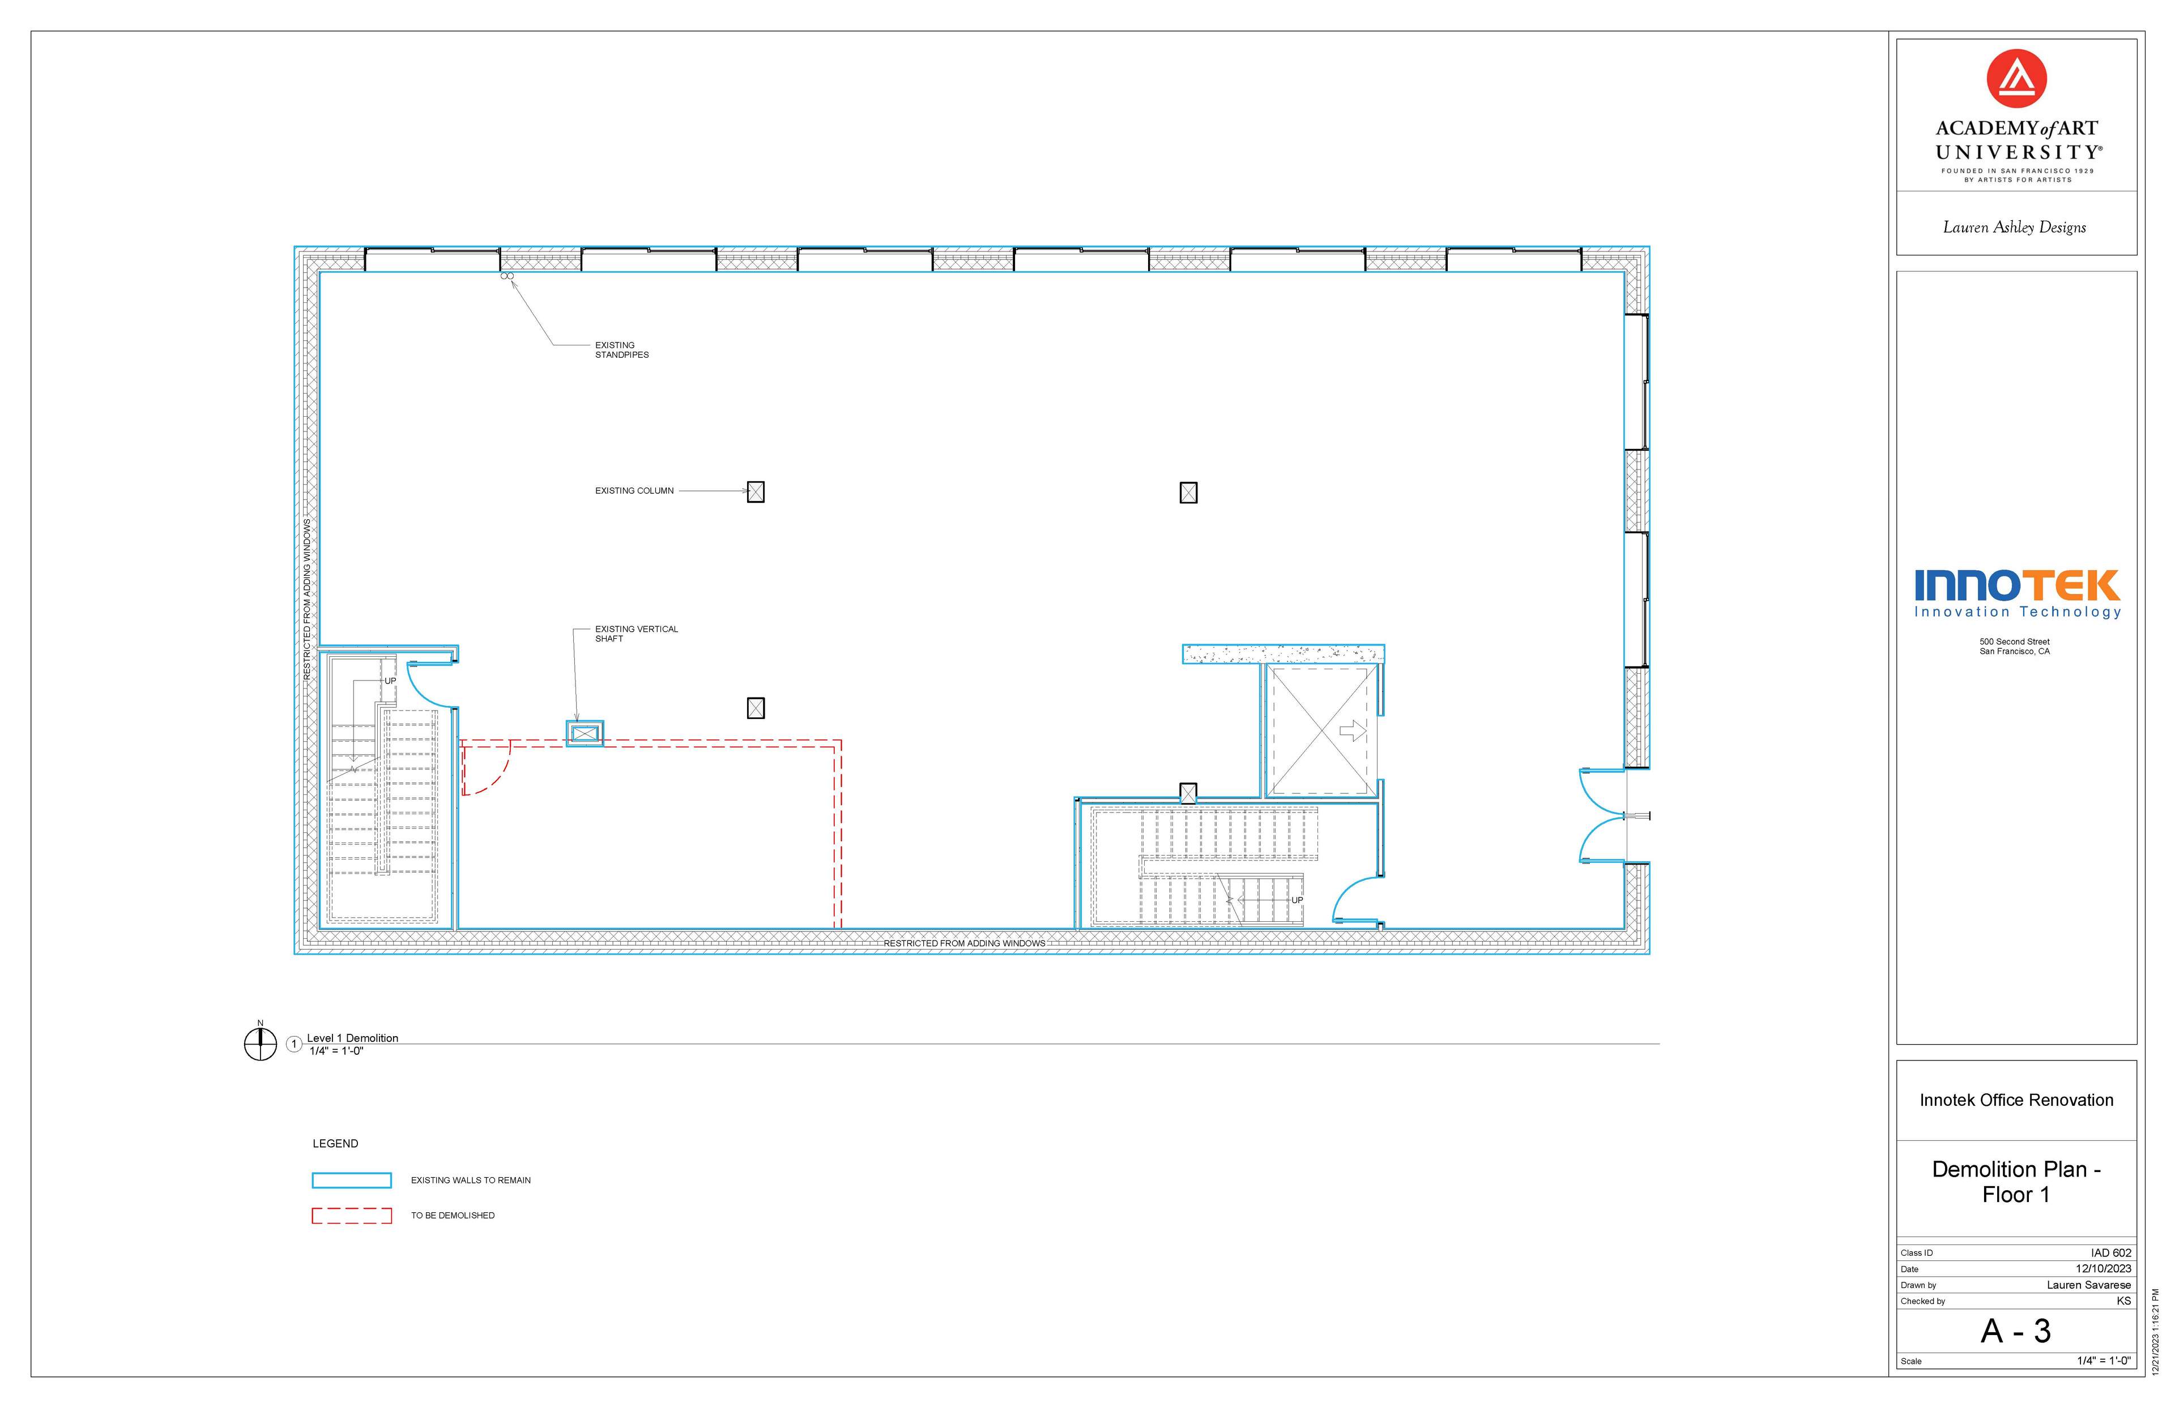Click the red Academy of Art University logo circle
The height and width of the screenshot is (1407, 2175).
point(2016,79)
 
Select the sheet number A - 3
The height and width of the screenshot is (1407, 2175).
point(2016,1331)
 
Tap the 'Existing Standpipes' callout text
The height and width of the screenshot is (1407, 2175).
point(621,350)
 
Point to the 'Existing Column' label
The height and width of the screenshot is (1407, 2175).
point(634,491)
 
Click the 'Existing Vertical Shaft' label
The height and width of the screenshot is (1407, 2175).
point(636,633)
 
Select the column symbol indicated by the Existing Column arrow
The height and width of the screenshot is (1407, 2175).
point(756,491)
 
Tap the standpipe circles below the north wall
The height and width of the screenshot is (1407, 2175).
point(507,276)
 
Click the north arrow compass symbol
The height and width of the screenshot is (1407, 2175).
point(261,1042)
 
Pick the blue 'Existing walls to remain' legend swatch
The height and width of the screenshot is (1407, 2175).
point(352,1181)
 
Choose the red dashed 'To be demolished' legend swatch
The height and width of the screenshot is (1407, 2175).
point(352,1215)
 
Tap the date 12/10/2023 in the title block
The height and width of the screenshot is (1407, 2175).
point(2103,1269)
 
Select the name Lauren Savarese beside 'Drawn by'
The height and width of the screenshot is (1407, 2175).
point(2088,1285)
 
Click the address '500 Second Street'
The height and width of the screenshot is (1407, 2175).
point(2015,642)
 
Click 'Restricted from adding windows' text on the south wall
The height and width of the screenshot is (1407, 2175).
point(964,943)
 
